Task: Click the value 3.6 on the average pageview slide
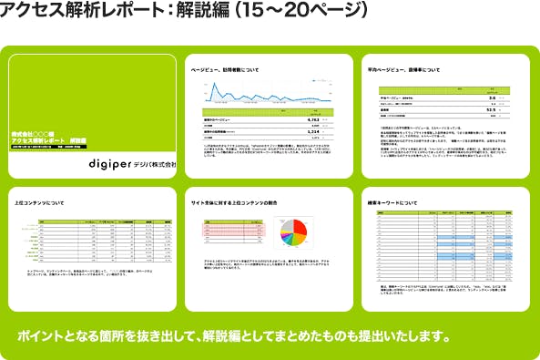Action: pyautogui.click(x=491, y=95)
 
